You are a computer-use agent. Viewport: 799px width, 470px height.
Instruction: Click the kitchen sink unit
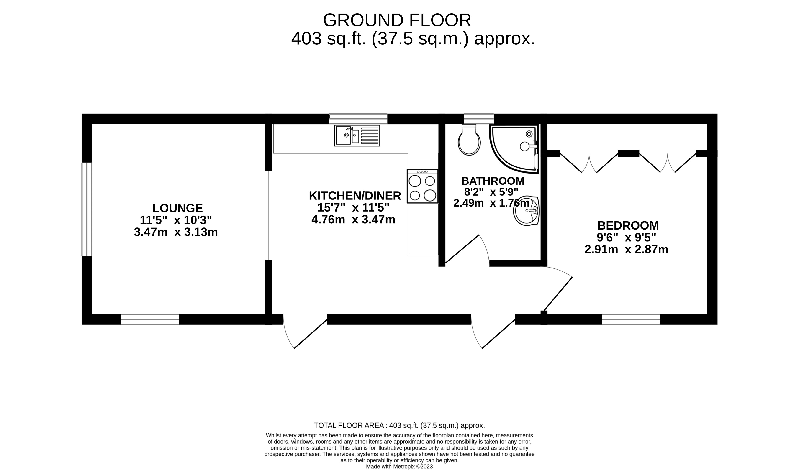pyautogui.click(x=357, y=136)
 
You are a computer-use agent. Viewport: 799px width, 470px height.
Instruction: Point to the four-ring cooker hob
pyautogui.click(x=423, y=186)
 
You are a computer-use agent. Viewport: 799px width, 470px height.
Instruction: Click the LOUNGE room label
pyautogui.click(x=177, y=208)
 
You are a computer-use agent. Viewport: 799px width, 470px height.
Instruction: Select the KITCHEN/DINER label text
pyautogui.click(x=355, y=196)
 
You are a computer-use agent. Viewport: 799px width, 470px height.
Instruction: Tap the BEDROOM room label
pyautogui.click(x=628, y=226)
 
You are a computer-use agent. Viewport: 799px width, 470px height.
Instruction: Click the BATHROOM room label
pyautogui.click(x=493, y=181)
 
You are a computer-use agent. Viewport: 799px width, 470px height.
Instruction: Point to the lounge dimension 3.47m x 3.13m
pyautogui.click(x=176, y=232)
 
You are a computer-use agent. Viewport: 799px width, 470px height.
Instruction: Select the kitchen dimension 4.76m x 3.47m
pyautogui.click(x=354, y=220)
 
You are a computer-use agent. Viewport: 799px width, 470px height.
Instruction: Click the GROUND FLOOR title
pyautogui.click(x=397, y=20)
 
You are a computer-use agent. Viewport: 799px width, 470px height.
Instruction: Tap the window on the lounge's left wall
pyautogui.click(x=87, y=209)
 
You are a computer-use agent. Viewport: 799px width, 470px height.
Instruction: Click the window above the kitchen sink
pyautogui.click(x=358, y=119)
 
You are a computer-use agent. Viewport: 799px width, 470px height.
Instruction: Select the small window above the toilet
pyautogui.click(x=479, y=119)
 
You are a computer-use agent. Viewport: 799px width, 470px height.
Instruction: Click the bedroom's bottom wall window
pyautogui.click(x=631, y=319)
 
